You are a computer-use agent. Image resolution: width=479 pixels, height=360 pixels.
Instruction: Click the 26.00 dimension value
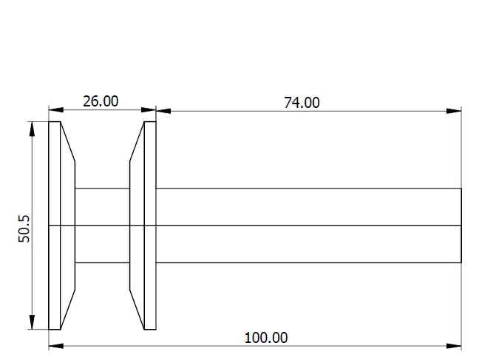tap(101, 101)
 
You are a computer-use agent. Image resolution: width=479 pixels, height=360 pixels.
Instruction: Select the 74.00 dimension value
tap(302, 102)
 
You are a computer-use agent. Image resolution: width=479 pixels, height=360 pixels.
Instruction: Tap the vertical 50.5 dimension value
tap(24, 228)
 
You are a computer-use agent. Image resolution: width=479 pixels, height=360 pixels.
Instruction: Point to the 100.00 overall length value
tap(266, 338)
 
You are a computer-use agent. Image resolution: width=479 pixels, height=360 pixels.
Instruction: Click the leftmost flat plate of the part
tap(54, 225)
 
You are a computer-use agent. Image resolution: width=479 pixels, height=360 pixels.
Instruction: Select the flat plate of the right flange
tap(150, 225)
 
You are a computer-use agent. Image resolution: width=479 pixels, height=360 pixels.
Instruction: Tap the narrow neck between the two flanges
tap(102, 225)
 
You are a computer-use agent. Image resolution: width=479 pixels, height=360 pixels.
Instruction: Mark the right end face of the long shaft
tap(461, 225)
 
